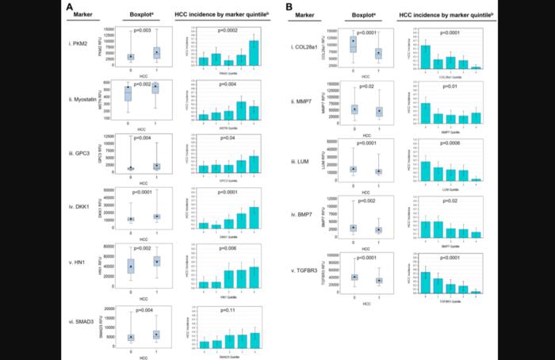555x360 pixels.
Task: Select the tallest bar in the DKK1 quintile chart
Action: pyautogui.click(x=254, y=218)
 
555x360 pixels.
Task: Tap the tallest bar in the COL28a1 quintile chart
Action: pyautogui.click(x=427, y=57)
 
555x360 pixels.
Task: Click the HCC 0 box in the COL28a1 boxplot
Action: pyautogui.click(x=354, y=44)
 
